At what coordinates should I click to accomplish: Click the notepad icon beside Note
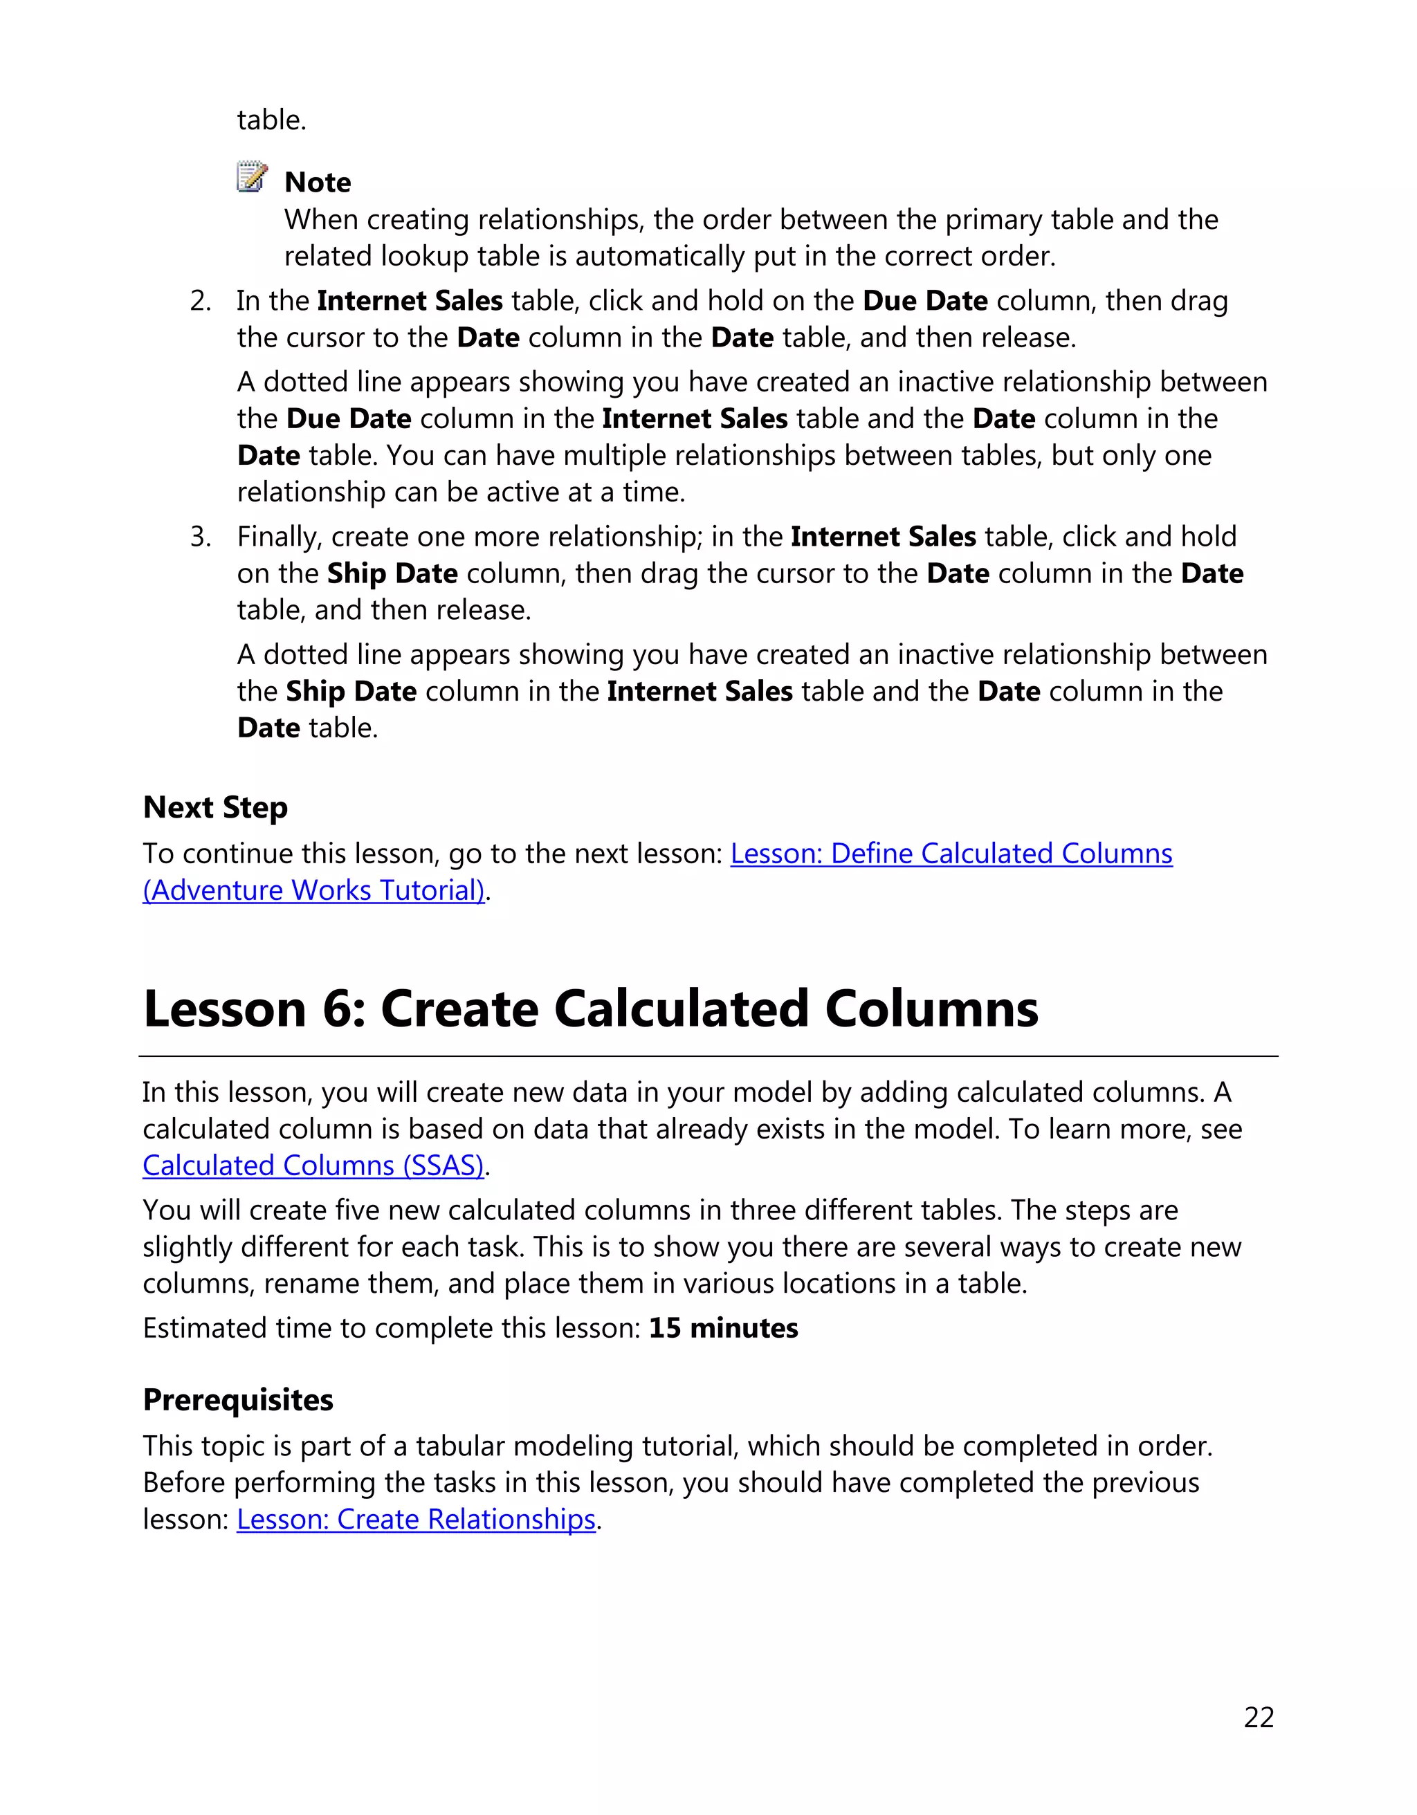[252, 177]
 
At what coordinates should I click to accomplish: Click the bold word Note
[318, 182]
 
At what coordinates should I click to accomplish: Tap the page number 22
[1259, 1717]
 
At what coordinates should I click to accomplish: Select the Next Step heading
[215, 807]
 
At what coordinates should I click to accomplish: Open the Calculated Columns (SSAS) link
[313, 1165]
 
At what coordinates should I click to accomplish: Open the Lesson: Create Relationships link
[417, 1518]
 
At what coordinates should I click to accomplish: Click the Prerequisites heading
[238, 1399]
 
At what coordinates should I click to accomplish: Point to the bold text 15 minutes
[723, 1327]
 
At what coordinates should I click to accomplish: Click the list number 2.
[200, 301]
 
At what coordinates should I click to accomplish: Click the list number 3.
[200, 537]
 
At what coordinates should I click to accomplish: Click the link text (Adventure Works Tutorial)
[313, 890]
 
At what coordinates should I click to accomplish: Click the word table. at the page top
[272, 120]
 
